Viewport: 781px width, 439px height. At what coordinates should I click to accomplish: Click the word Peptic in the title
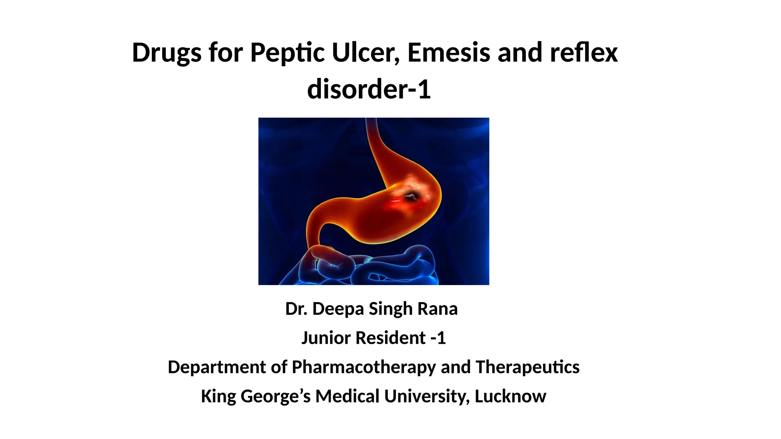[x=287, y=53]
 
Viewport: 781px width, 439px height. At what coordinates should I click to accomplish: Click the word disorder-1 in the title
[x=369, y=89]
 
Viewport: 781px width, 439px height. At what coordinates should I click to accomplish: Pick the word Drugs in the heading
[x=167, y=53]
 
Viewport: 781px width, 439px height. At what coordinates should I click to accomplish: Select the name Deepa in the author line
[x=338, y=309]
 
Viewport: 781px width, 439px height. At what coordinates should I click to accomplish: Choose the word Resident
[x=390, y=338]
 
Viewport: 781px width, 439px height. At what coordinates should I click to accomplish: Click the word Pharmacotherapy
[x=363, y=367]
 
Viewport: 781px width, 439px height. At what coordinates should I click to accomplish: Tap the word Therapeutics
[x=527, y=367]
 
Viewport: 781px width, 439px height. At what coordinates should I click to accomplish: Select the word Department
[x=217, y=367]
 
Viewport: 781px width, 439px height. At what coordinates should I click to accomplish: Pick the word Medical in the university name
[x=347, y=396]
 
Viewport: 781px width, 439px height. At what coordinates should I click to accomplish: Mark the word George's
[x=276, y=396]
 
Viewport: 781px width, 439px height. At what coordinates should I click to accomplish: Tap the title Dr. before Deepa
[x=296, y=309]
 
